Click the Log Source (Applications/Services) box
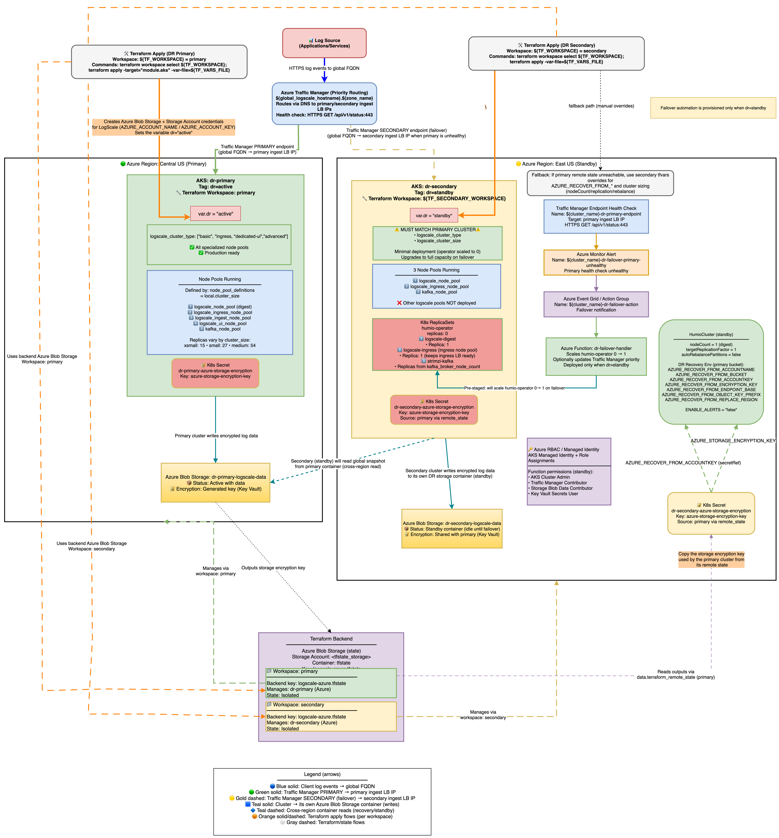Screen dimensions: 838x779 (324, 43)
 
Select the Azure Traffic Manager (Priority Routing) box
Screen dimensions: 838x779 (324, 104)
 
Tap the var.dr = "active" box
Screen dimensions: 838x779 (215, 214)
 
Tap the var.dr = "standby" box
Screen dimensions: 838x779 (434, 215)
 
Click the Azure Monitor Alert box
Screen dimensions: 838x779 (596, 263)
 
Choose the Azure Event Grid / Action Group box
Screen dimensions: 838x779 (596, 304)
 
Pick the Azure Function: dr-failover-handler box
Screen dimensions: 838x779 (596, 357)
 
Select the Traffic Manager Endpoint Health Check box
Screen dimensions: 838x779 (596, 217)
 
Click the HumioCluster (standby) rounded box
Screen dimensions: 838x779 (711, 372)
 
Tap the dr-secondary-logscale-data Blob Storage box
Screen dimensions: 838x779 (452, 529)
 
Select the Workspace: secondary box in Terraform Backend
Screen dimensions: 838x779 (331, 717)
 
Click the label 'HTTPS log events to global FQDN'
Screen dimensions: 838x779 (324, 68)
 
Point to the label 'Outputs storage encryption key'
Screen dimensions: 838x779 (273, 568)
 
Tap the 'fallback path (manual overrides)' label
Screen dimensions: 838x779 (601, 106)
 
